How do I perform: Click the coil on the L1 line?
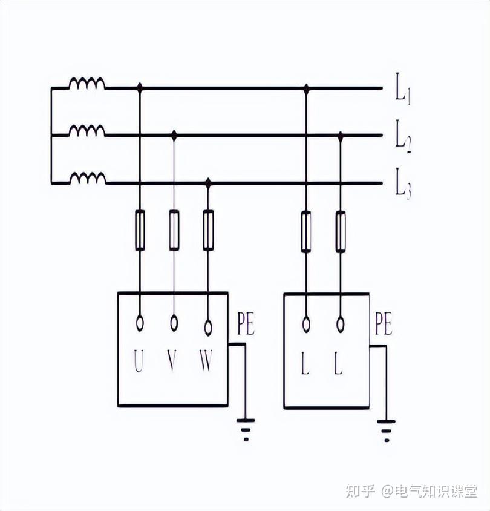pos(87,83)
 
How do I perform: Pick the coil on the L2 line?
pos(87,130)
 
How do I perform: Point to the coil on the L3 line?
pos(87,178)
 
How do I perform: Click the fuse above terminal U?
pos(140,230)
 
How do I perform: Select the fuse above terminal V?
pos(174,230)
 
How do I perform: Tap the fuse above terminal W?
pos(208,230)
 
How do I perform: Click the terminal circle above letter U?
pos(140,323)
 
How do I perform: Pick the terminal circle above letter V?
pos(174,323)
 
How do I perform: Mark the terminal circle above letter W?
pos(208,328)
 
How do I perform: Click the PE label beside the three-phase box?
pos(246,325)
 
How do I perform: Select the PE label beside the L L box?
pos(383,325)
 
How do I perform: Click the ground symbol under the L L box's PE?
pos(386,429)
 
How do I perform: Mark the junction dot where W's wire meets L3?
pos(208,182)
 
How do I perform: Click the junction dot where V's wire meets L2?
pos(174,134)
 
